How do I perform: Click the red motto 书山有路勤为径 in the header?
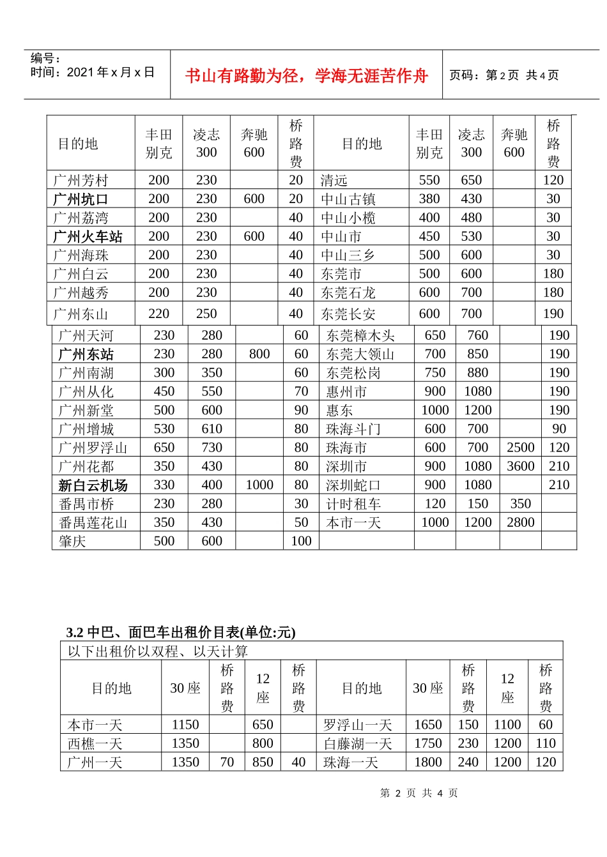(306, 76)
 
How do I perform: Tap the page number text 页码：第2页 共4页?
(504, 75)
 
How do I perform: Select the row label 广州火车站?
(88, 236)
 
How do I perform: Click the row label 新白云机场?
(93, 485)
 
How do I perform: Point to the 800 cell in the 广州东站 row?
(259, 354)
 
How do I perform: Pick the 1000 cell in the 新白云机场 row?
(259, 485)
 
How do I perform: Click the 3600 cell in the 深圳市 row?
(521, 466)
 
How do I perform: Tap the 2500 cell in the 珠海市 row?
(521, 448)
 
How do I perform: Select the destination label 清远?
(334, 181)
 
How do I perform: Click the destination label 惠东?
(339, 410)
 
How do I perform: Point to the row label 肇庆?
(72, 542)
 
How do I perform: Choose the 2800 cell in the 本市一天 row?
(521, 522)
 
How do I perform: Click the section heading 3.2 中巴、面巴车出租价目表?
(181, 632)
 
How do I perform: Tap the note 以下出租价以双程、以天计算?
(158, 651)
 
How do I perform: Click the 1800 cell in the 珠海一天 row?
(428, 762)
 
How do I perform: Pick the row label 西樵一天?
(95, 743)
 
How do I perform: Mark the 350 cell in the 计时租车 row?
(521, 504)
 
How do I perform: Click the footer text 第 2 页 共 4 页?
(419, 793)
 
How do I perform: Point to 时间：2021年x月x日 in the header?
(93, 72)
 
